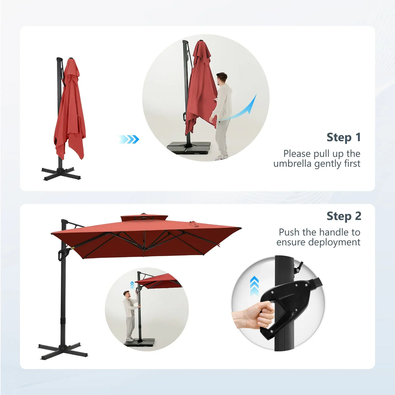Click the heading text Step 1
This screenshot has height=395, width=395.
344,137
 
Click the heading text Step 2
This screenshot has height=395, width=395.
344,216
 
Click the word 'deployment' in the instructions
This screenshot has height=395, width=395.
334,243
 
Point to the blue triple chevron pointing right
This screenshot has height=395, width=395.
129,139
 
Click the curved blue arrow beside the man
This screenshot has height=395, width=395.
237,109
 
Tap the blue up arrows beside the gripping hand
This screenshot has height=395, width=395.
254,286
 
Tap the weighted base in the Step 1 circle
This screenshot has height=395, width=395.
189,148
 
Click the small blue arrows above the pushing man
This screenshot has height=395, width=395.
132,285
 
